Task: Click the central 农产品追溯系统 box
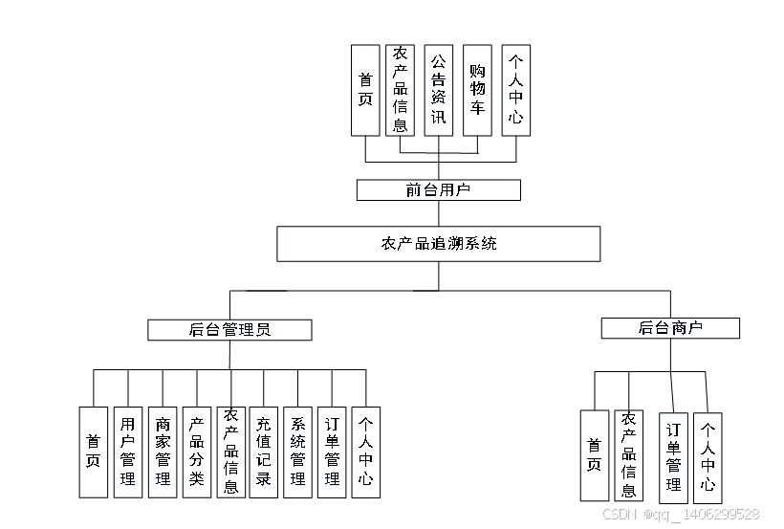pyautogui.click(x=439, y=244)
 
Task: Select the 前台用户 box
pyautogui.click(x=438, y=190)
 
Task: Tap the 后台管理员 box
pyautogui.click(x=229, y=330)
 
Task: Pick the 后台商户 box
pyautogui.click(x=670, y=328)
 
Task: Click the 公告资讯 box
pyautogui.click(x=438, y=90)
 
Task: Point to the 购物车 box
pyautogui.click(x=477, y=90)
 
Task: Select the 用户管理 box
pyautogui.click(x=127, y=452)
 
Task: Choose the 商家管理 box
pyautogui.click(x=163, y=452)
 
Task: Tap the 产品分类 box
pyautogui.click(x=197, y=452)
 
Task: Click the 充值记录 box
pyautogui.click(x=263, y=452)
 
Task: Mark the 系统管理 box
pyautogui.click(x=297, y=452)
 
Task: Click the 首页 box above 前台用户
pyautogui.click(x=365, y=90)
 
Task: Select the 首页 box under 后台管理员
pyautogui.click(x=94, y=452)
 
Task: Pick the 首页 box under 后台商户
pyautogui.click(x=594, y=455)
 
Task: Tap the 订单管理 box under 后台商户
pyautogui.click(x=673, y=457)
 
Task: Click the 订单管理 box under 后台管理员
pyautogui.click(x=331, y=452)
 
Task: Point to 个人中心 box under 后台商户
pyautogui.click(x=708, y=457)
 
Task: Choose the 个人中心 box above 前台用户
pyautogui.click(x=515, y=90)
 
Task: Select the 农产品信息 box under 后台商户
pyautogui.click(x=628, y=455)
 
